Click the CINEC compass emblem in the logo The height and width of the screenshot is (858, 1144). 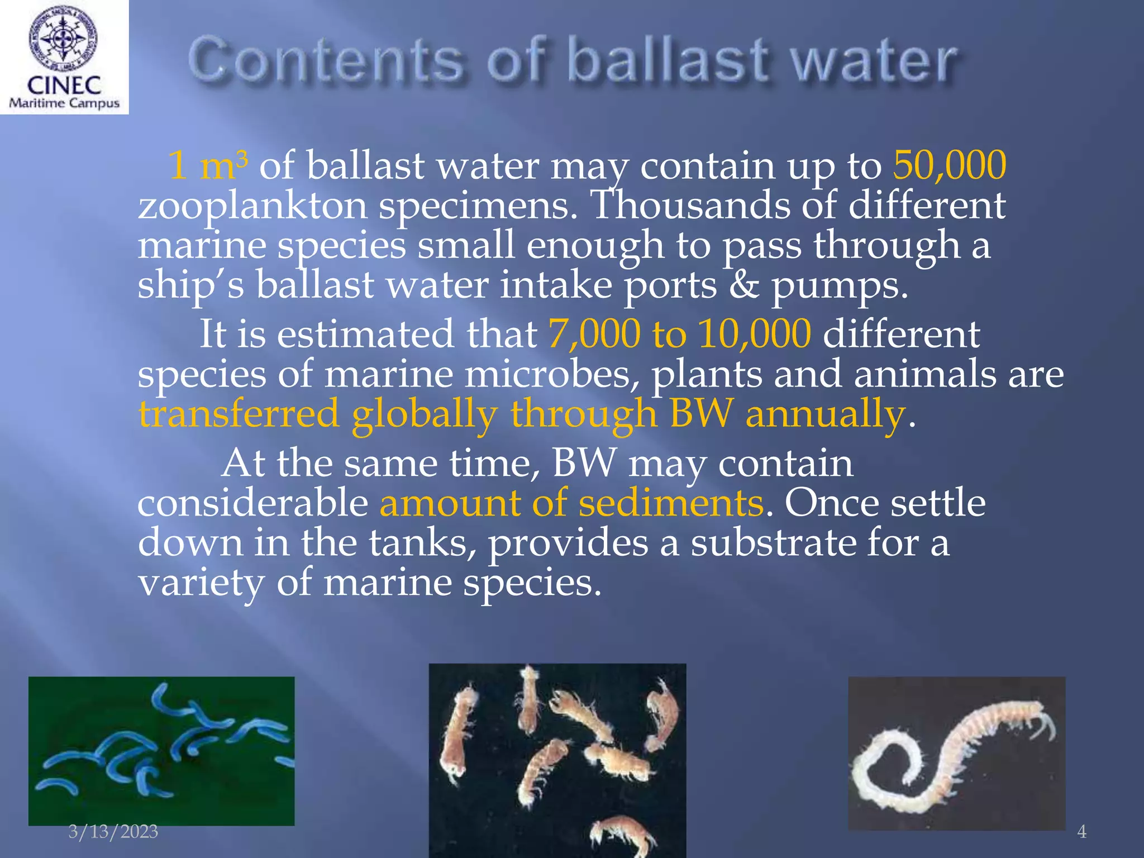[63, 38]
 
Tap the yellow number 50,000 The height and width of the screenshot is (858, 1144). [950, 165]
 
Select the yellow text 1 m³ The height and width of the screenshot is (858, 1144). [207, 165]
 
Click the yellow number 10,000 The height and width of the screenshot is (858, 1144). [754, 334]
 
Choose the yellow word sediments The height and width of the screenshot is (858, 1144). [670, 503]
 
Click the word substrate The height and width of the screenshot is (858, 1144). [773, 543]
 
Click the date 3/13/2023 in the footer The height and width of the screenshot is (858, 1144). [113, 831]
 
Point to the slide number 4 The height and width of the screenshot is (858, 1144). [1081, 832]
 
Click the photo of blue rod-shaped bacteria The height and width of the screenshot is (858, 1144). [161, 750]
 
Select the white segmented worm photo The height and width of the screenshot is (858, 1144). [956, 752]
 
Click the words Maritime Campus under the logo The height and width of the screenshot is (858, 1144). [64, 103]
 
